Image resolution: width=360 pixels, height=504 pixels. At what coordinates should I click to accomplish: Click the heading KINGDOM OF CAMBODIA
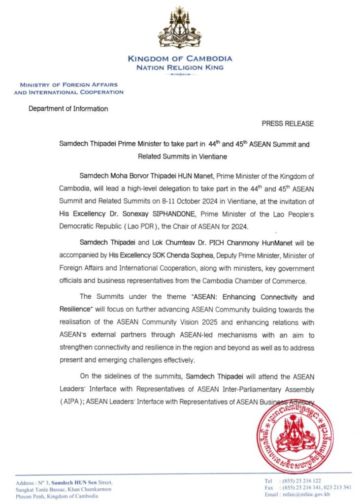pyautogui.click(x=180, y=59)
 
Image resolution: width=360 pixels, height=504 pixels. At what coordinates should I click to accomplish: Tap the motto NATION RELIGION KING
pyautogui.click(x=180, y=67)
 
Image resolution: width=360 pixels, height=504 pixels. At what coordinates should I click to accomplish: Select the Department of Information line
pyautogui.click(x=68, y=109)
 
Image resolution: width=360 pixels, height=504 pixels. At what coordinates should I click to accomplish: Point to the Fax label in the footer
pyautogui.click(x=269, y=487)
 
